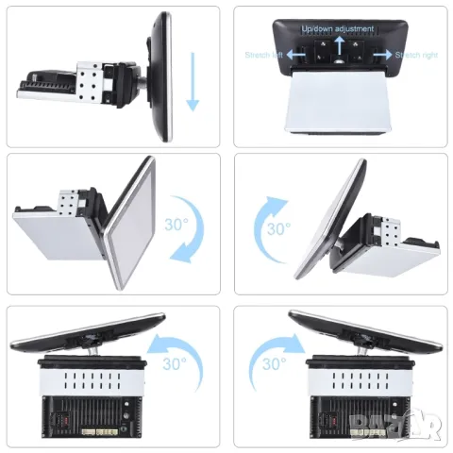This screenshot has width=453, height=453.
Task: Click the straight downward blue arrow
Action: (193, 81)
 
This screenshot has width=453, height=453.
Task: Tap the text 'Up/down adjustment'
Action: (337, 29)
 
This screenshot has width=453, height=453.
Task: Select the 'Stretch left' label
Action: (263, 55)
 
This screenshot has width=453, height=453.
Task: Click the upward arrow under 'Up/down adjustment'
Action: (337, 42)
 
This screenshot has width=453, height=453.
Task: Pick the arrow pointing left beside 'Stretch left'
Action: (294, 56)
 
